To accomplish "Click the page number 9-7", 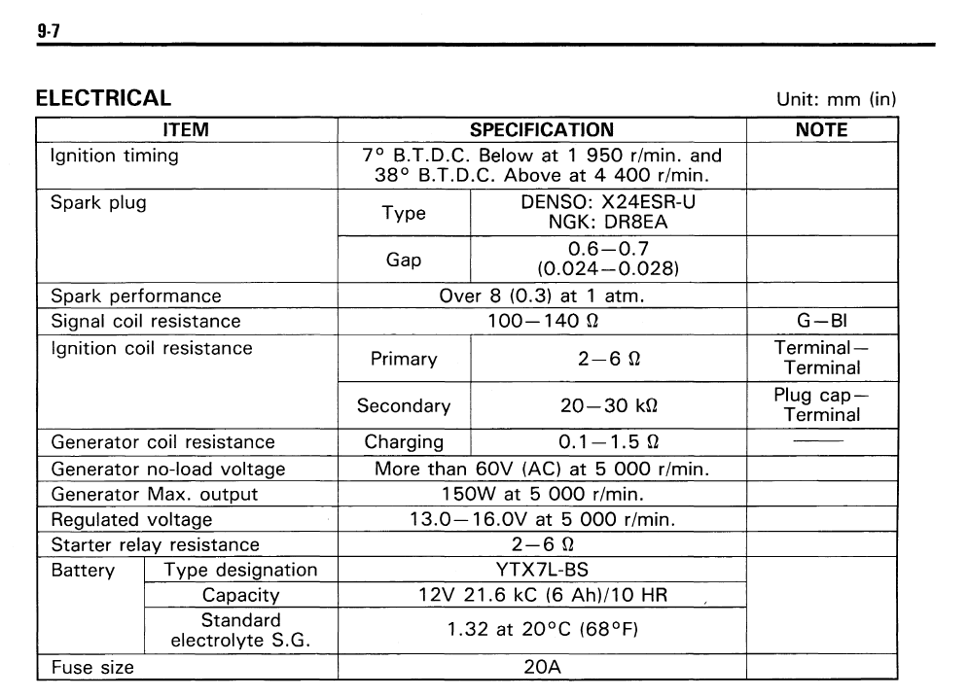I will pyautogui.click(x=49, y=32).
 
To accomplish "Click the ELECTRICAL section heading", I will pyautogui.click(x=103, y=98).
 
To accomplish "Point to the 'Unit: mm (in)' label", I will pyautogui.click(x=836, y=99).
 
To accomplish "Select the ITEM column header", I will pyautogui.click(x=185, y=129).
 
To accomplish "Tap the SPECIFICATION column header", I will pyautogui.click(x=541, y=129).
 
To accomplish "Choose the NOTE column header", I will pyautogui.click(x=821, y=129).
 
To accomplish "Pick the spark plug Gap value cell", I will pyautogui.click(x=607, y=259).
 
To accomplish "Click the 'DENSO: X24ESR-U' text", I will pyautogui.click(x=608, y=203).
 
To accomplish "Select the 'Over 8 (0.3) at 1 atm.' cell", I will pyautogui.click(x=541, y=296).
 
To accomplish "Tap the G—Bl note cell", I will pyautogui.click(x=822, y=320).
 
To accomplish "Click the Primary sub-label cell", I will pyautogui.click(x=404, y=359).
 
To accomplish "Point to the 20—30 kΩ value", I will pyautogui.click(x=607, y=405).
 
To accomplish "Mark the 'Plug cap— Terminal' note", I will pyautogui.click(x=822, y=405).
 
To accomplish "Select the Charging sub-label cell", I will pyautogui.click(x=404, y=442).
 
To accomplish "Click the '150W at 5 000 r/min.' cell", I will pyautogui.click(x=541, y=494).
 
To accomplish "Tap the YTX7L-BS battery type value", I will pyautogui.click(x=541, y=569).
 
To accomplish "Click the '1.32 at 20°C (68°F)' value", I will pyautogui.click(x=541, y=629).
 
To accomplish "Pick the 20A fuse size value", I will pyautogui.click(x=541, y=668).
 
